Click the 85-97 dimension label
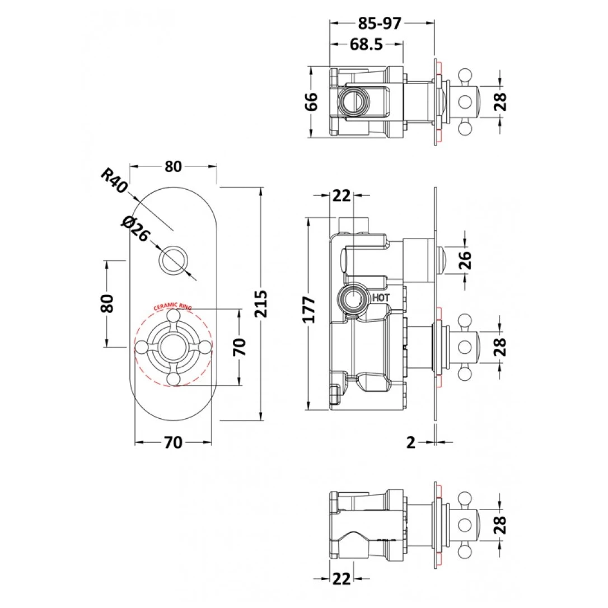379,24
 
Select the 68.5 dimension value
366,44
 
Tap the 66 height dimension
312,101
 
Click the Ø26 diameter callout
135,229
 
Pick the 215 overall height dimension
261,303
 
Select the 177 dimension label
309,310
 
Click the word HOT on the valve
381,298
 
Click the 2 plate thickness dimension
411,442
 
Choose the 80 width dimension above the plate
173,166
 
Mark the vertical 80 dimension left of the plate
107,303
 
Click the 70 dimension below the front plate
173,442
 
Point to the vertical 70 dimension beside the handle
239,347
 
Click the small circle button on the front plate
174,260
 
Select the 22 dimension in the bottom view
341,578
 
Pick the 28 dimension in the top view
500,102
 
